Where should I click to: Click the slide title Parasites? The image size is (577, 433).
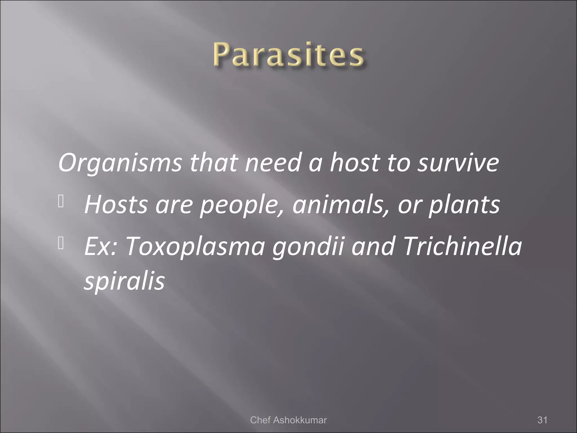pyautogui.click(x=288, y=54)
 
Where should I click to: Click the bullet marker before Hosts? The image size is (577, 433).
pyautogui.click(x=61, y=202)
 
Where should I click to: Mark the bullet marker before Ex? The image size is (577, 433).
pyautogui.click(x=61, y=244)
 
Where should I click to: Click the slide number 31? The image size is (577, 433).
pyautogui.click(x=542, y=420)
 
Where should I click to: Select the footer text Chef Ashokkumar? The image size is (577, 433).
pyautogui.click(x=288, y=420)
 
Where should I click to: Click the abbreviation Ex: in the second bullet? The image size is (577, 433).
pyautogui.click(x=100, y=246)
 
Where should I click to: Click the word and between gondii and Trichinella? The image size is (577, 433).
pyautogui.click(x=373, y=246)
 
